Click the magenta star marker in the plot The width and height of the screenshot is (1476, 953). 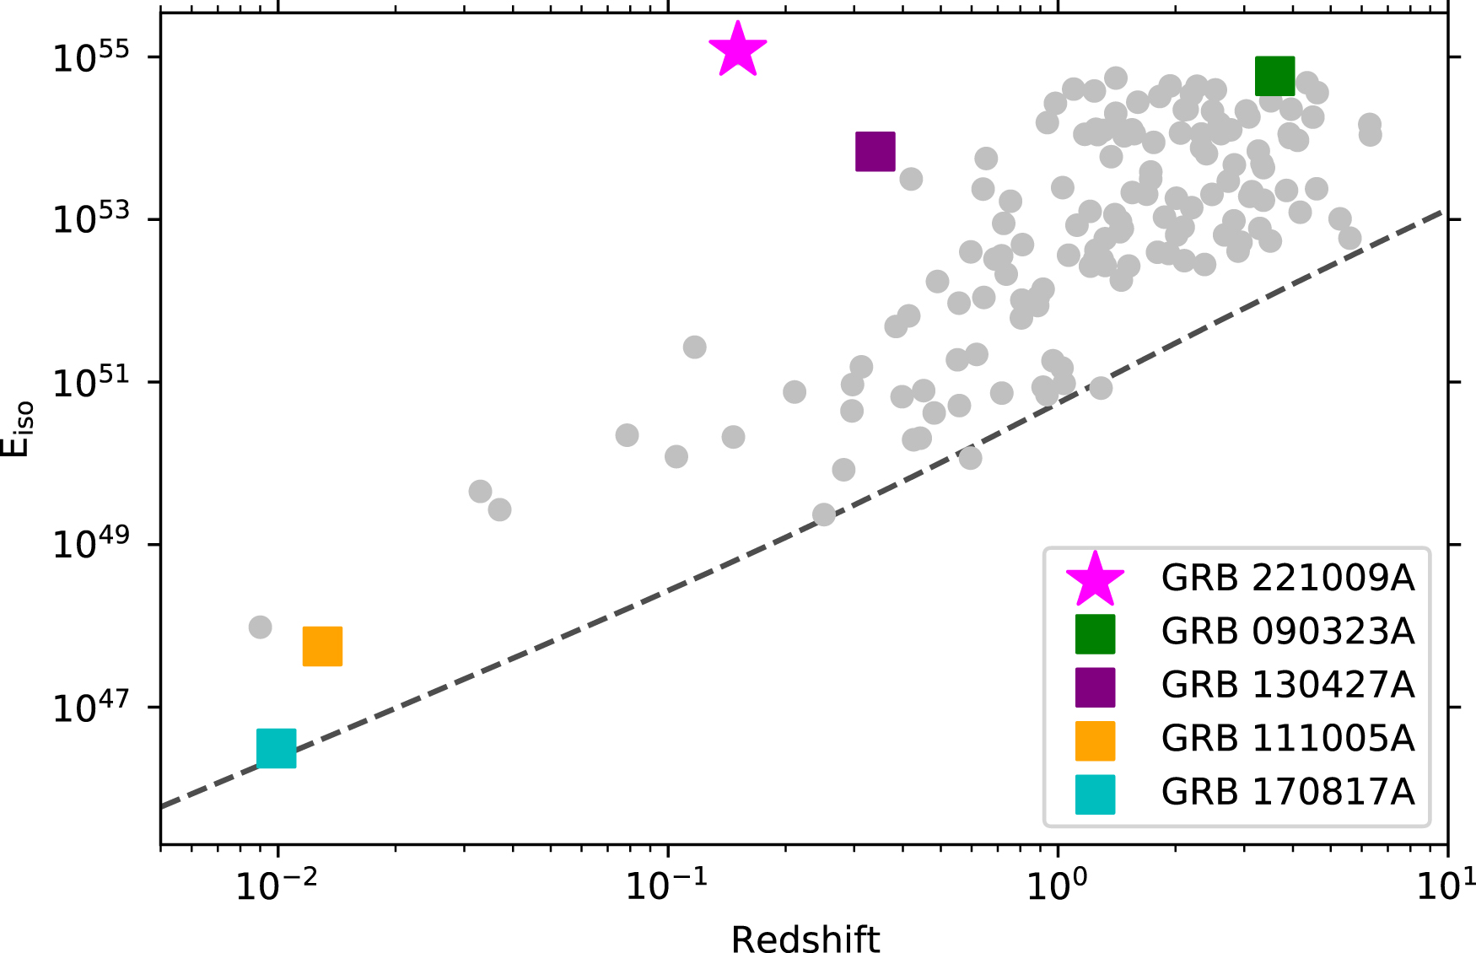tap(737, 51)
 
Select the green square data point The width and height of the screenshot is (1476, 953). tap(1274, 77)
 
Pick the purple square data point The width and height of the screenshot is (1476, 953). tap(875, 152)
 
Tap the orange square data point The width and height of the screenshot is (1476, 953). tap(322, 646)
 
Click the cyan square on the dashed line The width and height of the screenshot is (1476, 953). tap(276, 748)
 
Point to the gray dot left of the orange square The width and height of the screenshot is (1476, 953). tap(260, 627)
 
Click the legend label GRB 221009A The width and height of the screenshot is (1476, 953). tap(1287, 579)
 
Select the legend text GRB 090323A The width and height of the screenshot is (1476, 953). tap(1287, 632)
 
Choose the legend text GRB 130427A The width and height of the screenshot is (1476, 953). tap(1287, 685)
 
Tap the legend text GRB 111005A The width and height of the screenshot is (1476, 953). tap(1287, 739)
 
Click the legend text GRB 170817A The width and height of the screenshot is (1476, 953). tap(1287, 792)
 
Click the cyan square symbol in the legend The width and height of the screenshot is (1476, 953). tap(1095, 794)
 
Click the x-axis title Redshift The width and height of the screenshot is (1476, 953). tap(805, 938)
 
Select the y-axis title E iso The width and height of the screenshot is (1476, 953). tap(19, 428)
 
